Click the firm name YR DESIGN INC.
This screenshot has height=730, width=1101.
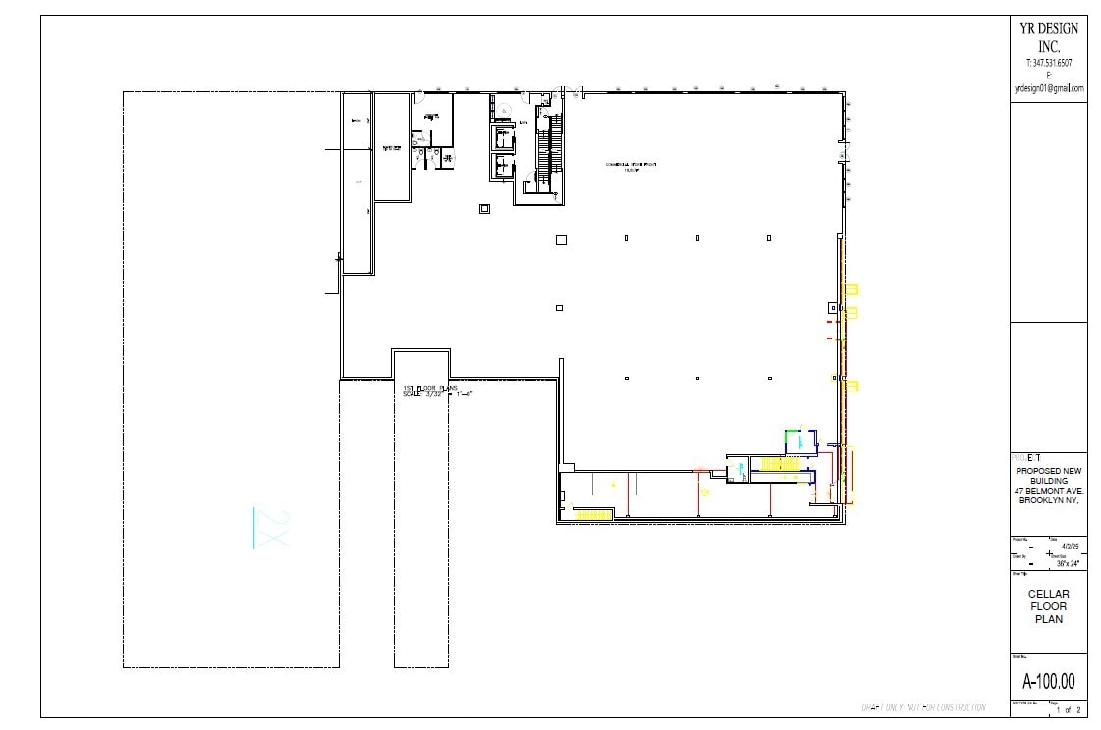coord(1049,37)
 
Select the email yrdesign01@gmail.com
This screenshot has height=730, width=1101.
coord(1049,88)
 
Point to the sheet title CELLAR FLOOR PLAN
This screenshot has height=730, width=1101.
coord(1048,606)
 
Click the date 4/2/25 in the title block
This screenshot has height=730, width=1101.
coord(1070,547)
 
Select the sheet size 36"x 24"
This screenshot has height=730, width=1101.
coord(1067,564)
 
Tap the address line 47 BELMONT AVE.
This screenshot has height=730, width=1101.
coord(1049,491)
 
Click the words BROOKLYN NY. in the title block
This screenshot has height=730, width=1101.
coord(1049,501)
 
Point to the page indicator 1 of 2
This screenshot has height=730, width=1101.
coord(1068,709)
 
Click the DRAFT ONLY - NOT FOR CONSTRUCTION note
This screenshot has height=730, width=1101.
coord(922,707)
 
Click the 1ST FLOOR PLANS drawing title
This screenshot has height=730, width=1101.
coord(430,389)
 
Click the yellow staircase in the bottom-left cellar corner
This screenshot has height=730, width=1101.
coord(593,515)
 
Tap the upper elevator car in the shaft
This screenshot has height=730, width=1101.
coord(504,137)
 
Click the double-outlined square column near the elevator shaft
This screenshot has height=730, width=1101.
coord(484,208)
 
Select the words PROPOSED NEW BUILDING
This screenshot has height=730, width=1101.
coord(1049,475)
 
